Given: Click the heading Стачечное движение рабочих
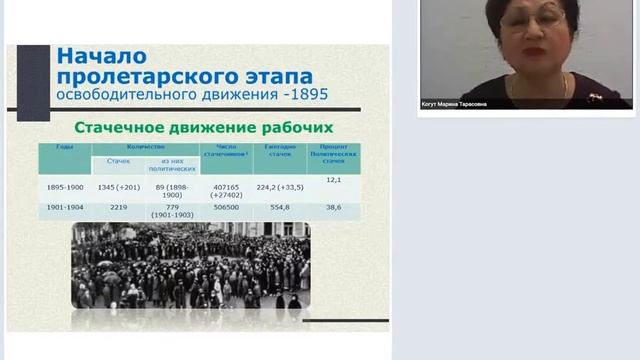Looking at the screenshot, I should [205, 128].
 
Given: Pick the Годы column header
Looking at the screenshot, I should [65, 146].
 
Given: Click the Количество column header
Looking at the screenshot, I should [145, 146].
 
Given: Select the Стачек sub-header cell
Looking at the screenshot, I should [119, 159].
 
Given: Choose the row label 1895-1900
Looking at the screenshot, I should [66, 186].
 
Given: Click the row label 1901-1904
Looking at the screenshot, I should [66, 207].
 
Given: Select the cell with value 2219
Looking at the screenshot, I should [119, 207].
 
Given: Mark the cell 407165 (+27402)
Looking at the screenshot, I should [226, 190].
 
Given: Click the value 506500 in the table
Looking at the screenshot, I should [226, 207].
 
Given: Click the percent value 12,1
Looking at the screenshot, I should [334, 180].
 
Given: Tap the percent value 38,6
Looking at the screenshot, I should [334, 207].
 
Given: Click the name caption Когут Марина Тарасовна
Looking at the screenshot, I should [455, 104].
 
